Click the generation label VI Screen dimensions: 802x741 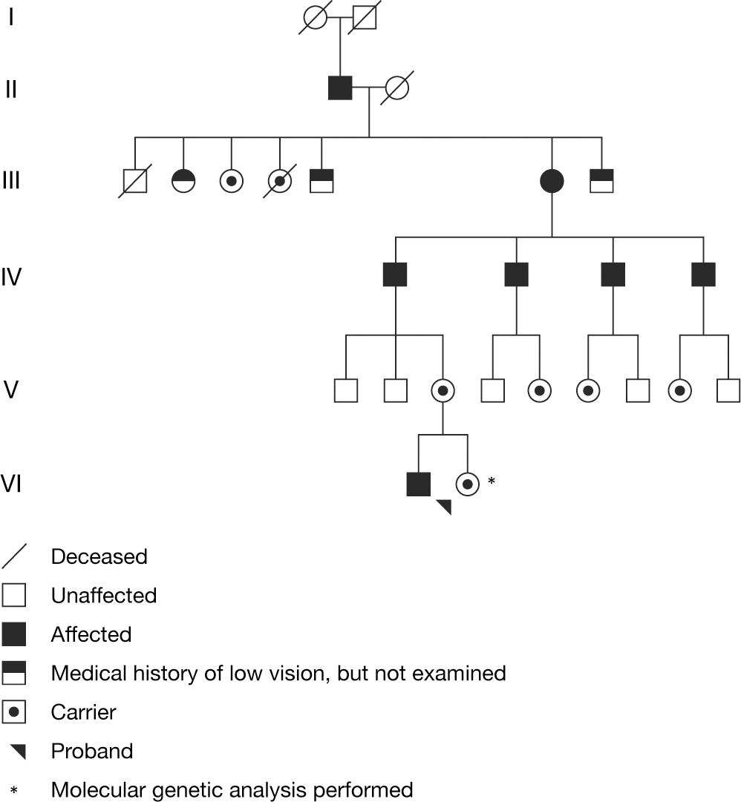(12, 484)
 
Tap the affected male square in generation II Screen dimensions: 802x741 (340, 88)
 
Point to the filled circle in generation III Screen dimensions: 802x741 (552, 180)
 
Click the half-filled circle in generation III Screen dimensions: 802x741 (183, 180)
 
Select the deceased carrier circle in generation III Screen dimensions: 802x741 (280, 180)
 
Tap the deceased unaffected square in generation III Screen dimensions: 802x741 (134, 180)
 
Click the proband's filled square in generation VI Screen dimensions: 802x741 (419, 484)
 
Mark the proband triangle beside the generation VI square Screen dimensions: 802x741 (444, 507)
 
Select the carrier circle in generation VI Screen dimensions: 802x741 (467, 484)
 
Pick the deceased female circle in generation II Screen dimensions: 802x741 (397, 88)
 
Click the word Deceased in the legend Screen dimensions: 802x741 (99, 556)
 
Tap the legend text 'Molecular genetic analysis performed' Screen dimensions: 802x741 (231, 789)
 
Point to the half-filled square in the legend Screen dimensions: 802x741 (14, 673)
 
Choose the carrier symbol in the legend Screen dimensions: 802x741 (14, 712)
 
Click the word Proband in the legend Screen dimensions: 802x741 (91, 751)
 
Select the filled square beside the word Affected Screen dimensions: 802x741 (14, 634)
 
